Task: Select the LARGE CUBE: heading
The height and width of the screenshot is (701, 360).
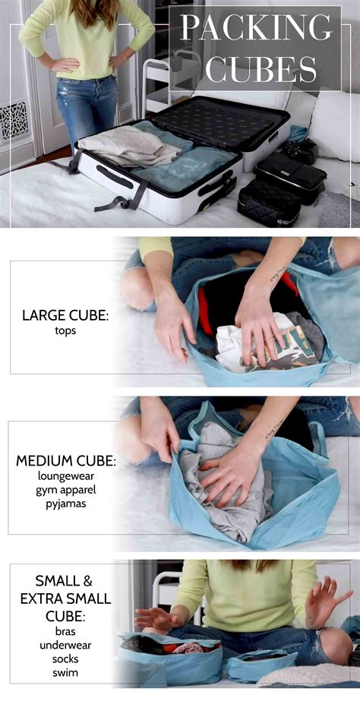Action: (65, 314)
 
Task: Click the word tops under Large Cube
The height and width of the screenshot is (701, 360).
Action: (65, 330)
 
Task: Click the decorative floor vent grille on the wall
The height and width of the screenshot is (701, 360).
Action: (14, 118)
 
